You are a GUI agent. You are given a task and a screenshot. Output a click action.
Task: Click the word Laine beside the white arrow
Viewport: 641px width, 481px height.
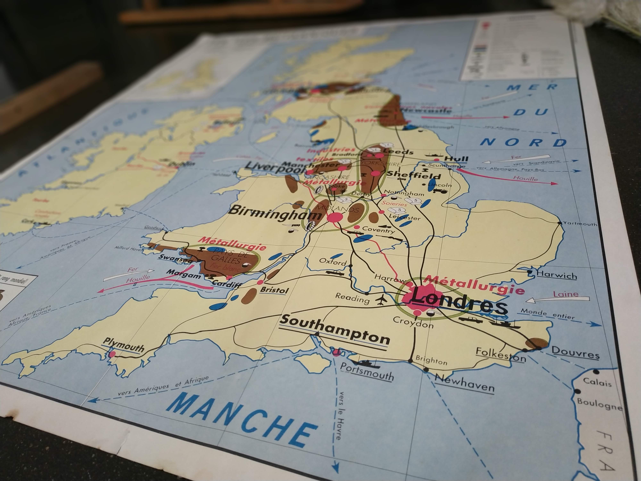pos(565,294)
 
